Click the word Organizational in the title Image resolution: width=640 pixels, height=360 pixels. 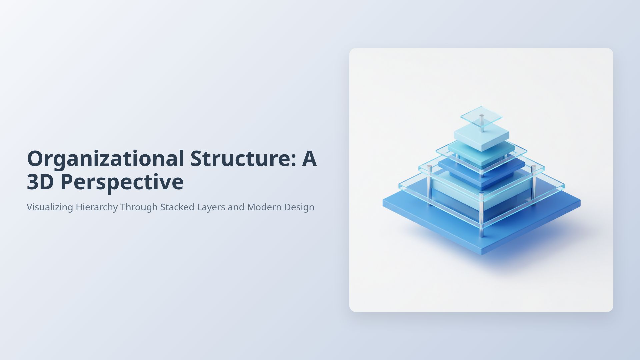point(105,159)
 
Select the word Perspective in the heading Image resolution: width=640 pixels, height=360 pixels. point(122,182)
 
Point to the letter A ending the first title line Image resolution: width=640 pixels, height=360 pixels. point(309,159)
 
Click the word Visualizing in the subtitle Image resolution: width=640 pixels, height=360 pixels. point(50,207)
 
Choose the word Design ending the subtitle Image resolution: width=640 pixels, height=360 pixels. point(299,207)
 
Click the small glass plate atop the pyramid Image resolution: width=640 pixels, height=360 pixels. point(481,114)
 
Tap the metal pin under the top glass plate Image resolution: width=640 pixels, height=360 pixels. point(482,124)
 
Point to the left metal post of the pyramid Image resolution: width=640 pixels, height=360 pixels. point(429,185)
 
